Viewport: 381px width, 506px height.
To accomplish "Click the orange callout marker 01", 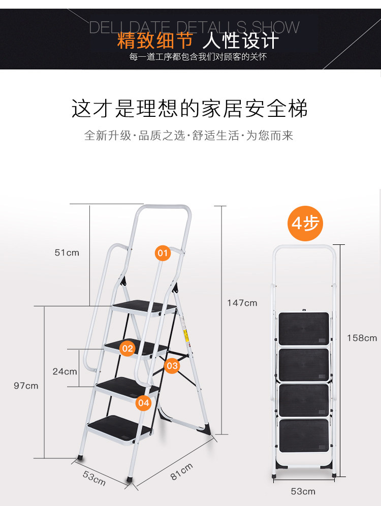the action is click(163, 253).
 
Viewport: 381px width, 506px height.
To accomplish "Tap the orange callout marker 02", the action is click(128, 348).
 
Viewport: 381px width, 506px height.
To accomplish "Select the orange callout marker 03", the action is click(172, 366).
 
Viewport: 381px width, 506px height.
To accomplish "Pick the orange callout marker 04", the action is click(144, 402).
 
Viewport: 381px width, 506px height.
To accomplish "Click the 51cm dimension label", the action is click(67, 252).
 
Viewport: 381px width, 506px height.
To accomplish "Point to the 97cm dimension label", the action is click(26, 386).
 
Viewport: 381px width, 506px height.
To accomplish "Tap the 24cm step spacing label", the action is click(65, 371).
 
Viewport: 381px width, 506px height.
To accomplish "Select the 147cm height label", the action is click(242, 303).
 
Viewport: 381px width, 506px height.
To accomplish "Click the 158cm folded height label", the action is click(362, 338).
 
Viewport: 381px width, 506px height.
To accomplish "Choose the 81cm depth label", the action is click(181, 471).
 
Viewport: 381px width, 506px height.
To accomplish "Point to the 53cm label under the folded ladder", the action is click(303, 491).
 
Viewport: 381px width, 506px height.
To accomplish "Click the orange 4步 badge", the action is click(305, 224).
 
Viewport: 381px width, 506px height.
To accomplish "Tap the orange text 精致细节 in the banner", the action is click(155, 41).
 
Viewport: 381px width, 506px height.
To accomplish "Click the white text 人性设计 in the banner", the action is click(241, 41).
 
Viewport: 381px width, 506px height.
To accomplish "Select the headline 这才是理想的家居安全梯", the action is click(189, 108).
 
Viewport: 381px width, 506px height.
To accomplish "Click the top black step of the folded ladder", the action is click(304, 329).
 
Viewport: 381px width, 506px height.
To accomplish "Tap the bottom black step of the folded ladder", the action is click(304, 436).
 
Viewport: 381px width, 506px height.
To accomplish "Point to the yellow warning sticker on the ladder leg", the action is click(186, 335).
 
